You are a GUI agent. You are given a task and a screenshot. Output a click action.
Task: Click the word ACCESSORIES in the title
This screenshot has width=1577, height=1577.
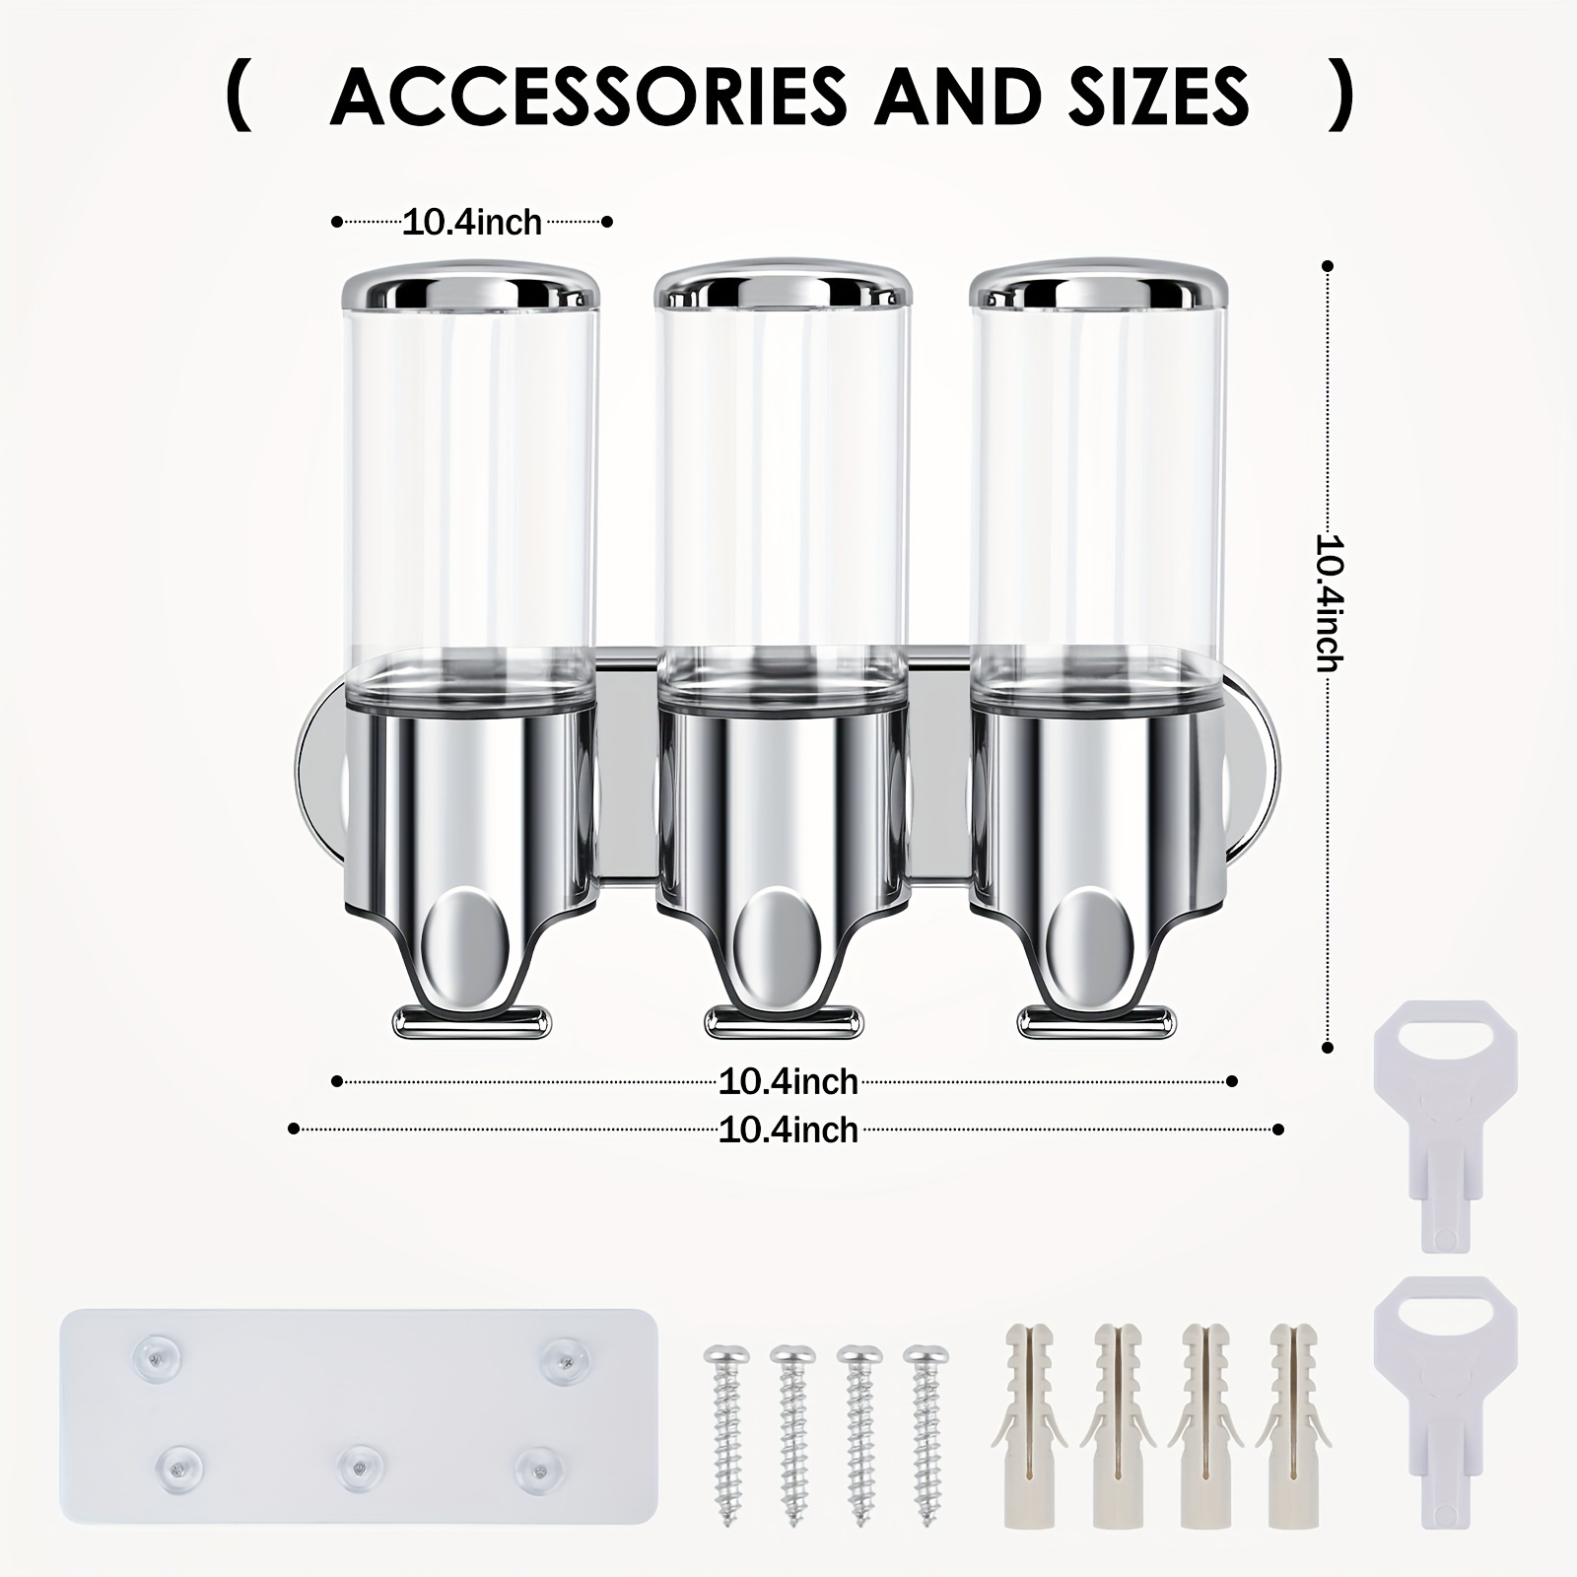(588, 96)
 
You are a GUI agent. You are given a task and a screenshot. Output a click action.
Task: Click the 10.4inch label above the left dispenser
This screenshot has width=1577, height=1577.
(473, 222)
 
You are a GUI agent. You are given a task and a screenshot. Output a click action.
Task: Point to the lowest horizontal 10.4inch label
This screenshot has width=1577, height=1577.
(788, 1130)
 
